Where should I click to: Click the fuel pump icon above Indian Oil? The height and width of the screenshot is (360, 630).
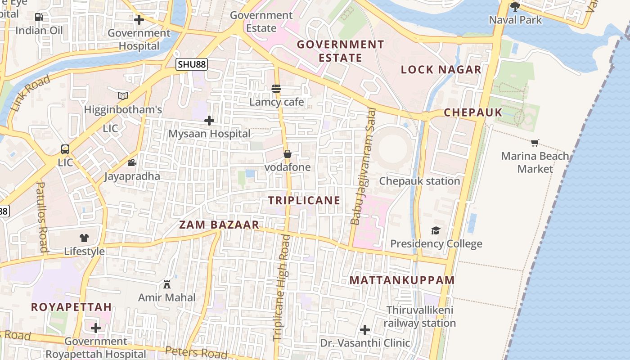click(39, 17)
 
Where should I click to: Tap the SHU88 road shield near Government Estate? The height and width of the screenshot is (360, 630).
click(192, 64)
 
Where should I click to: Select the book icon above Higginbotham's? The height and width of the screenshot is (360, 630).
click(123, 96)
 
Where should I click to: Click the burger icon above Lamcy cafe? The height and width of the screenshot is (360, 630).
click(276, 89)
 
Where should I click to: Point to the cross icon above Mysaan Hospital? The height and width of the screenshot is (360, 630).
click(209, 121)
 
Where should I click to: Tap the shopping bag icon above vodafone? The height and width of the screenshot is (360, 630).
click(288, 154)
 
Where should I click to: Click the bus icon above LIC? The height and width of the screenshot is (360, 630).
click(65, 149)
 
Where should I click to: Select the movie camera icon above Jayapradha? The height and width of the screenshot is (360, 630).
click(132, 162)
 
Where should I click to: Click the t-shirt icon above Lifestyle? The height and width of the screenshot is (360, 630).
click(84, 238)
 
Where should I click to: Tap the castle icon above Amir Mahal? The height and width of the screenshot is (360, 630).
click(167, 284)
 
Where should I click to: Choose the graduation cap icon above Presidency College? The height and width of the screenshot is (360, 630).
click(436, 231)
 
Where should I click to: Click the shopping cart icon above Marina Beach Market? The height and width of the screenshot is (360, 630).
click(535, 143)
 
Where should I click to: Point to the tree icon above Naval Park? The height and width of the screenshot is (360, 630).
click(515, 6)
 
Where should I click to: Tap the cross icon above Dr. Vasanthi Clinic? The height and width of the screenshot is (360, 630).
click(365, 330)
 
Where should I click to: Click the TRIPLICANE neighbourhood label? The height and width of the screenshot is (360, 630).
click(304, 201)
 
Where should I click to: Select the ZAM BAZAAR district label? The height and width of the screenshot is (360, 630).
click(219, 225)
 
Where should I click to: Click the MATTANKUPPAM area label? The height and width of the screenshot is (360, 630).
click(402, 280)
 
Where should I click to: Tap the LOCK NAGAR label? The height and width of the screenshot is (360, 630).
click(441, 69)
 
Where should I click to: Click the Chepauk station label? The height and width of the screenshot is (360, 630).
click(419, 181)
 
